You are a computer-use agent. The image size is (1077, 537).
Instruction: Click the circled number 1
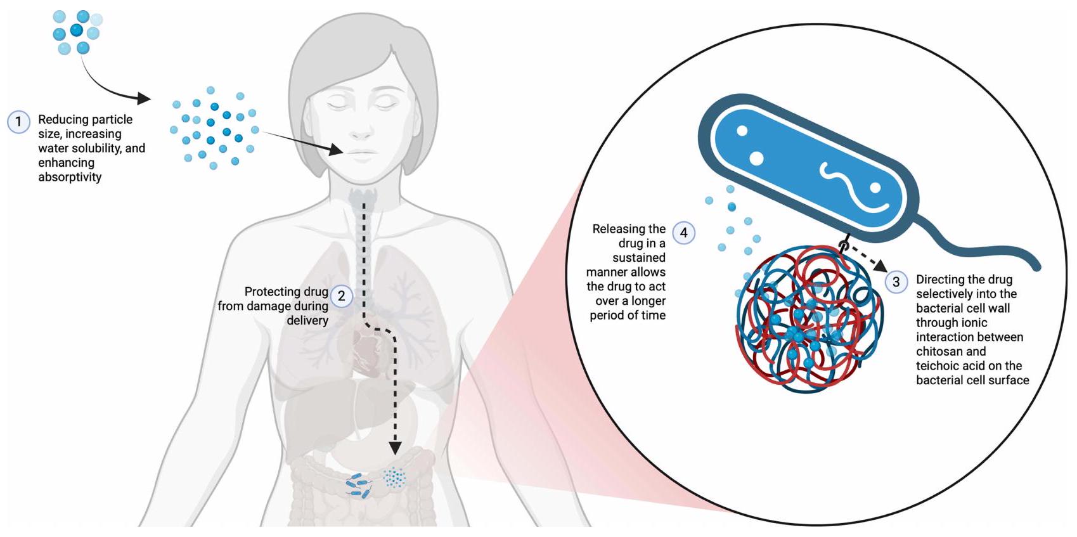tap(18, 122)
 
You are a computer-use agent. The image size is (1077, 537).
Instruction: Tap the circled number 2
tap(342, 296)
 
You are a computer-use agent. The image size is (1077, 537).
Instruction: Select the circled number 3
tap(896, 282)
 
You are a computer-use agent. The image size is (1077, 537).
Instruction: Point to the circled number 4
tap(683, 233)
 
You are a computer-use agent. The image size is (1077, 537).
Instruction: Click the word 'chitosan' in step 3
tap(940, 351)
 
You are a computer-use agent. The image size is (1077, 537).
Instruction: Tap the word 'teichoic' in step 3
tap(939, 366)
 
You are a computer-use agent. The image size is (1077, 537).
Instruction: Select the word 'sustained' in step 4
tap(638, 257)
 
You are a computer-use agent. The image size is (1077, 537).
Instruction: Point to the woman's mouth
tap(361, 153)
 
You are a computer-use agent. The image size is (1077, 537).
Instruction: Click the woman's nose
tap(361, 130)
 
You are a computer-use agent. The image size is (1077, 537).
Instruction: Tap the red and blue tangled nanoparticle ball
tap(809, 320)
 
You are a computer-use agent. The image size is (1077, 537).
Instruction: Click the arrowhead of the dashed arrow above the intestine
tap(395, 448)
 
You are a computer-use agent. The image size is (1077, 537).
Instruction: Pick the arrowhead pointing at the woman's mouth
tap(337, 150)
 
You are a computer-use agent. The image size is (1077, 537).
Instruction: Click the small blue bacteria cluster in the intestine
tap(359, 485)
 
